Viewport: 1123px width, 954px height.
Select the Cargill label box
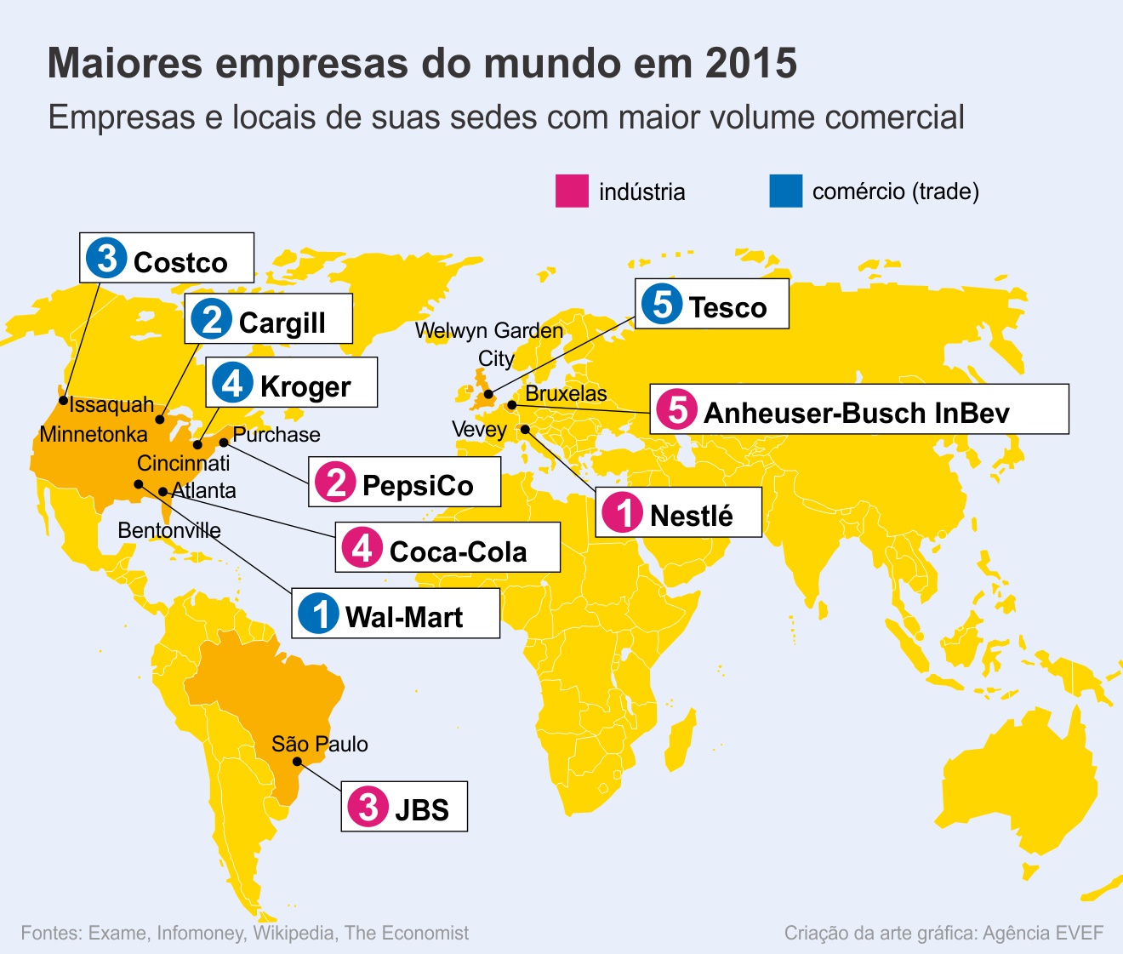coord(268,319)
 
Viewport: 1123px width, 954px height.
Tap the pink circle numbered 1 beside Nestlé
coord(622,513)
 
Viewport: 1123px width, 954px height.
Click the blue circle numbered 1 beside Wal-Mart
coord(319,614)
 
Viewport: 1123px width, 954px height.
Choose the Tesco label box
coord(712,305)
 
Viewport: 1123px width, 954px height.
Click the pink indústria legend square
coord(572,191)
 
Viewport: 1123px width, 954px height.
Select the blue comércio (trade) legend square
coord(785,191)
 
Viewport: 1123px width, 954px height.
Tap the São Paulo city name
coord(320,745)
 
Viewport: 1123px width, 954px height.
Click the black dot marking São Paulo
coord(297,762)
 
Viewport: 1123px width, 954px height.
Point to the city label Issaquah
coord(111,404)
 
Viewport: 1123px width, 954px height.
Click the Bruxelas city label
coord(566,393)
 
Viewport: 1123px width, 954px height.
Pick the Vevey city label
coord(479,430)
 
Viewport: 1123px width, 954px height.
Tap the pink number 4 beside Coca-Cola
coord(362,548)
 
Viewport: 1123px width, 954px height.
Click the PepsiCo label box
coord(404,483)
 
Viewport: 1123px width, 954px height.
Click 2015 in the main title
coord(751,64)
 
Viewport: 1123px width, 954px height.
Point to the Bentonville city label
coord(168,531)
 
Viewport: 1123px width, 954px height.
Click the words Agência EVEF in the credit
coord(1042,934)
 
